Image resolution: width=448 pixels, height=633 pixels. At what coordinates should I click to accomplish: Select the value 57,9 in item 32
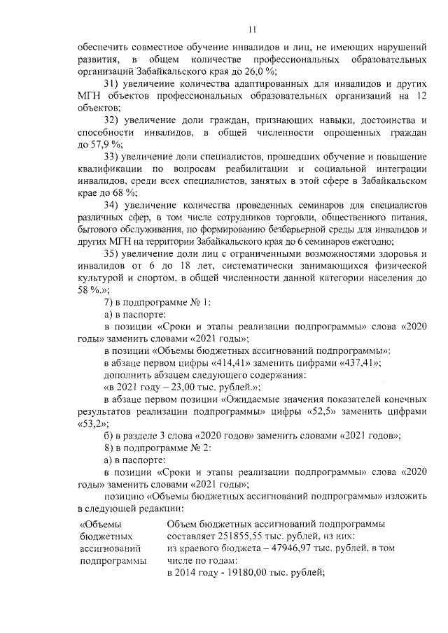coord(94,144)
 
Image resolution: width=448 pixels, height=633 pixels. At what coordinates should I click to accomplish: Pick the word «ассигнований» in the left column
coord(111,548)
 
